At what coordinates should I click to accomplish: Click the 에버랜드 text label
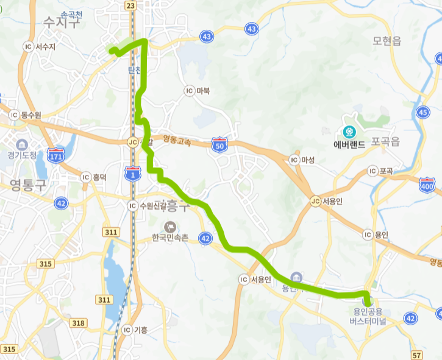(349, 145)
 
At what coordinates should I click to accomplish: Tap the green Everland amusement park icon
(349, 131)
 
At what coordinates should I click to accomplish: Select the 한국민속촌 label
(171, 238)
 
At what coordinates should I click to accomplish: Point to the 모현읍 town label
(387, 41)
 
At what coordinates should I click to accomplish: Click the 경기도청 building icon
(23, 145)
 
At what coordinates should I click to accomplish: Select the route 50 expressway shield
(220, 144)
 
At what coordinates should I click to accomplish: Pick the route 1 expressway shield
(132, 172)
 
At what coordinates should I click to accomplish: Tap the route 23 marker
(130, 5)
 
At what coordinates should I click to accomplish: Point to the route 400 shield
(427, 184)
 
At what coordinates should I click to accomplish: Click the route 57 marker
(417, 355)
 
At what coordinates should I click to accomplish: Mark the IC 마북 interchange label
(198, 91)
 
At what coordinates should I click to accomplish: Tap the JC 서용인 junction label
(327, 201)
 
